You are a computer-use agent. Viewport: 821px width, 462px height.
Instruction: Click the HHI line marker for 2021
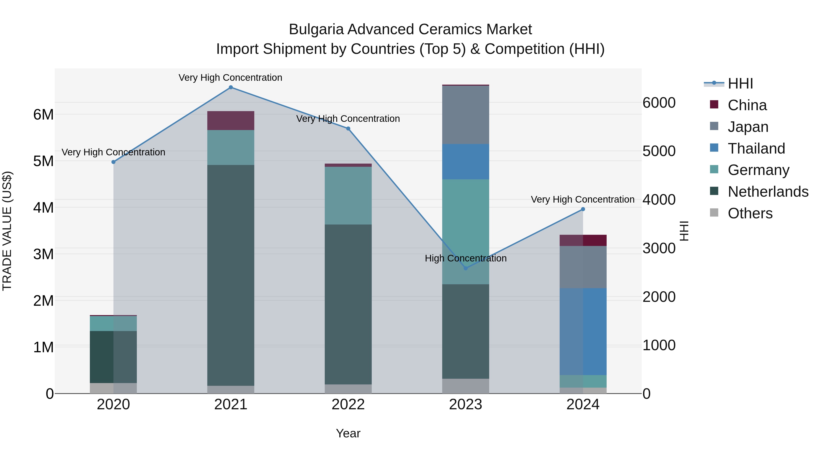coord(231,87)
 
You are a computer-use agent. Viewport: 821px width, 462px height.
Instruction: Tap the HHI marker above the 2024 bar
coord(583,209)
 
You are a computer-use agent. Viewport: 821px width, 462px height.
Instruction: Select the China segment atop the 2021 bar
coord(231,120)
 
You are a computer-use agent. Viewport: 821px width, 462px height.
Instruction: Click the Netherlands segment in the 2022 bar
coord(348,305)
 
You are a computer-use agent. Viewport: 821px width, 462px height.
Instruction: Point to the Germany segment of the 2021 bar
coord(231,147)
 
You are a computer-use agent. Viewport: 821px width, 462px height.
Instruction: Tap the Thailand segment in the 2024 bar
coord(583,331)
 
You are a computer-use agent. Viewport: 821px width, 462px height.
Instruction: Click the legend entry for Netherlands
coord(768,192)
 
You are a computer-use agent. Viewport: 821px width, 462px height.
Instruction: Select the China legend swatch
coord(714,104)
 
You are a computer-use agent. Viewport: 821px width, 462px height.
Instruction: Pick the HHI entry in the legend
coord(740,84)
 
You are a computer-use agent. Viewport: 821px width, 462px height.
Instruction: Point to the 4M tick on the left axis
coord(43,208)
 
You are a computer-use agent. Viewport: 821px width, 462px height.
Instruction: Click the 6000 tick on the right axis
coord(658,103)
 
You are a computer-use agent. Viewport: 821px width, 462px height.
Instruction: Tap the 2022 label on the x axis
coord(348,405)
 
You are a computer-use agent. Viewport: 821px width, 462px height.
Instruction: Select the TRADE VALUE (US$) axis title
coord(7,231)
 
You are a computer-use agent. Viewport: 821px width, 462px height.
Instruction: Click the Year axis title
coord(348,433)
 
